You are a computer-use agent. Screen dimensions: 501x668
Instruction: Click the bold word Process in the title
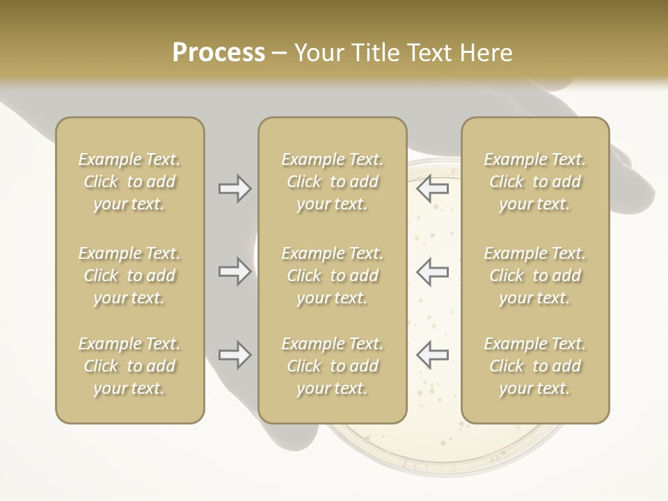(x=218, y=53)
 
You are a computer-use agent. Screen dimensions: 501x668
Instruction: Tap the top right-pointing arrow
(x=234, y=189)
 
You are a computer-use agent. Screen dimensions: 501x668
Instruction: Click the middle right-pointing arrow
(x=234, y=271)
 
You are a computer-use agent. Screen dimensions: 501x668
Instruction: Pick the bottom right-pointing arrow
(x=234, y=355)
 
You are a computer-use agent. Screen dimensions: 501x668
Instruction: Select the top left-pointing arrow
(x=432, y=189)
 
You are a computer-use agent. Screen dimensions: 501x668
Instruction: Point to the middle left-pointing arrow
(x=432, y=271)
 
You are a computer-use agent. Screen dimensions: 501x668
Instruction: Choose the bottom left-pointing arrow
(x=432, y=355)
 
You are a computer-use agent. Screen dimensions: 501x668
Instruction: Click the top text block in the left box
(x=129, y=182)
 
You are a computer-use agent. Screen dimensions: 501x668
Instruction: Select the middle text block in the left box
(x=129, y=276)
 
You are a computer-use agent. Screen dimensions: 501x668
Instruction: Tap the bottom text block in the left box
(x=129, y=366)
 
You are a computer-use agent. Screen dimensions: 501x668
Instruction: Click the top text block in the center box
(x=332, y=182)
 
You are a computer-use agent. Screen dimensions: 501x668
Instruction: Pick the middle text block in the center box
(x=332, y=276)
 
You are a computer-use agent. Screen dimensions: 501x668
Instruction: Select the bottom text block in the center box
(x=332, y=366)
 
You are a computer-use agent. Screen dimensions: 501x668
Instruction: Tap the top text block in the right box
(x=535, y=182)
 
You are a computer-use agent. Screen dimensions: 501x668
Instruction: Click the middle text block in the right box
(x=535, y=276)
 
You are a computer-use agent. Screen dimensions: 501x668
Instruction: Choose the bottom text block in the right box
(x=535, y=366)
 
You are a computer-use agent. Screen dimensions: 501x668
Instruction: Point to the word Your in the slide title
(x=319, y=53)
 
